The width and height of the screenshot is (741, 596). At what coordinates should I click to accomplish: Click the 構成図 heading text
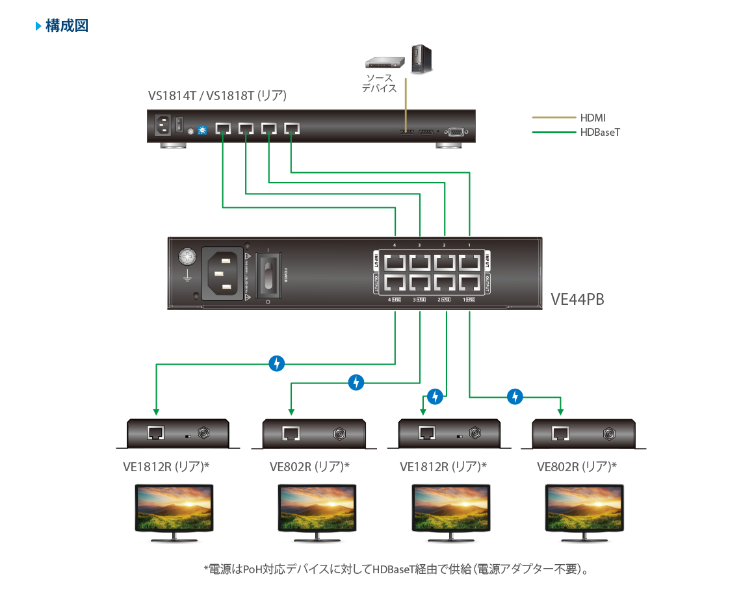tap(66, 26)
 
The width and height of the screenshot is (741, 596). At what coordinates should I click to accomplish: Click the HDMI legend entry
tap(593, 118)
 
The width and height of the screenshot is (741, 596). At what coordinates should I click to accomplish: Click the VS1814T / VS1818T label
tap(217, 96)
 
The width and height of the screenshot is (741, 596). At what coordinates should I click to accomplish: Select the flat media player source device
tap(385, 63)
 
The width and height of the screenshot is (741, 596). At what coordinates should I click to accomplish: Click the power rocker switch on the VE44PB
tap(268, 274)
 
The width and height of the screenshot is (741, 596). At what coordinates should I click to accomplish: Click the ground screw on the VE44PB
tap(188, 257)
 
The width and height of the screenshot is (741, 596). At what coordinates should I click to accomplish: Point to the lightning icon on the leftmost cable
tap(277, 363)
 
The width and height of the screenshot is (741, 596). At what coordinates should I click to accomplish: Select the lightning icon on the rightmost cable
tap(515, 396)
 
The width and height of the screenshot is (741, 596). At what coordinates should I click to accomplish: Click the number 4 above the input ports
tap(395, 245)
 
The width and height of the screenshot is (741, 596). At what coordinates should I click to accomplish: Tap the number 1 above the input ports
tap(469, 245)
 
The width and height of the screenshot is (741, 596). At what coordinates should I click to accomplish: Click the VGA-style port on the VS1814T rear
tap(455, 132)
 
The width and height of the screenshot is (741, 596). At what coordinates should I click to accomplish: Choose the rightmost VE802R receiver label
tap(577, 467)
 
